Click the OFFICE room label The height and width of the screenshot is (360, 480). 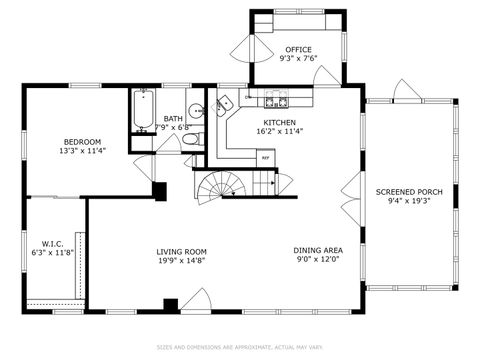coord(298,49)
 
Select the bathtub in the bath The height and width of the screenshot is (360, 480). coord(141,111)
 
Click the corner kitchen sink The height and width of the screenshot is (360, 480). coord(226,102)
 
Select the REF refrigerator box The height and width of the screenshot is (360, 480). coord(265,157)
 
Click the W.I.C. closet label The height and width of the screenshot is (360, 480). coord(53,243)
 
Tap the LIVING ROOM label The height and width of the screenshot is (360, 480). coord(181,251)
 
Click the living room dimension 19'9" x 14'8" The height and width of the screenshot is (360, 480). coord(181,261)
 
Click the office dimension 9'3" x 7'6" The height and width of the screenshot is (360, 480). coord(298,59)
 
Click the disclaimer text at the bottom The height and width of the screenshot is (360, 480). coord(240,348)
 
